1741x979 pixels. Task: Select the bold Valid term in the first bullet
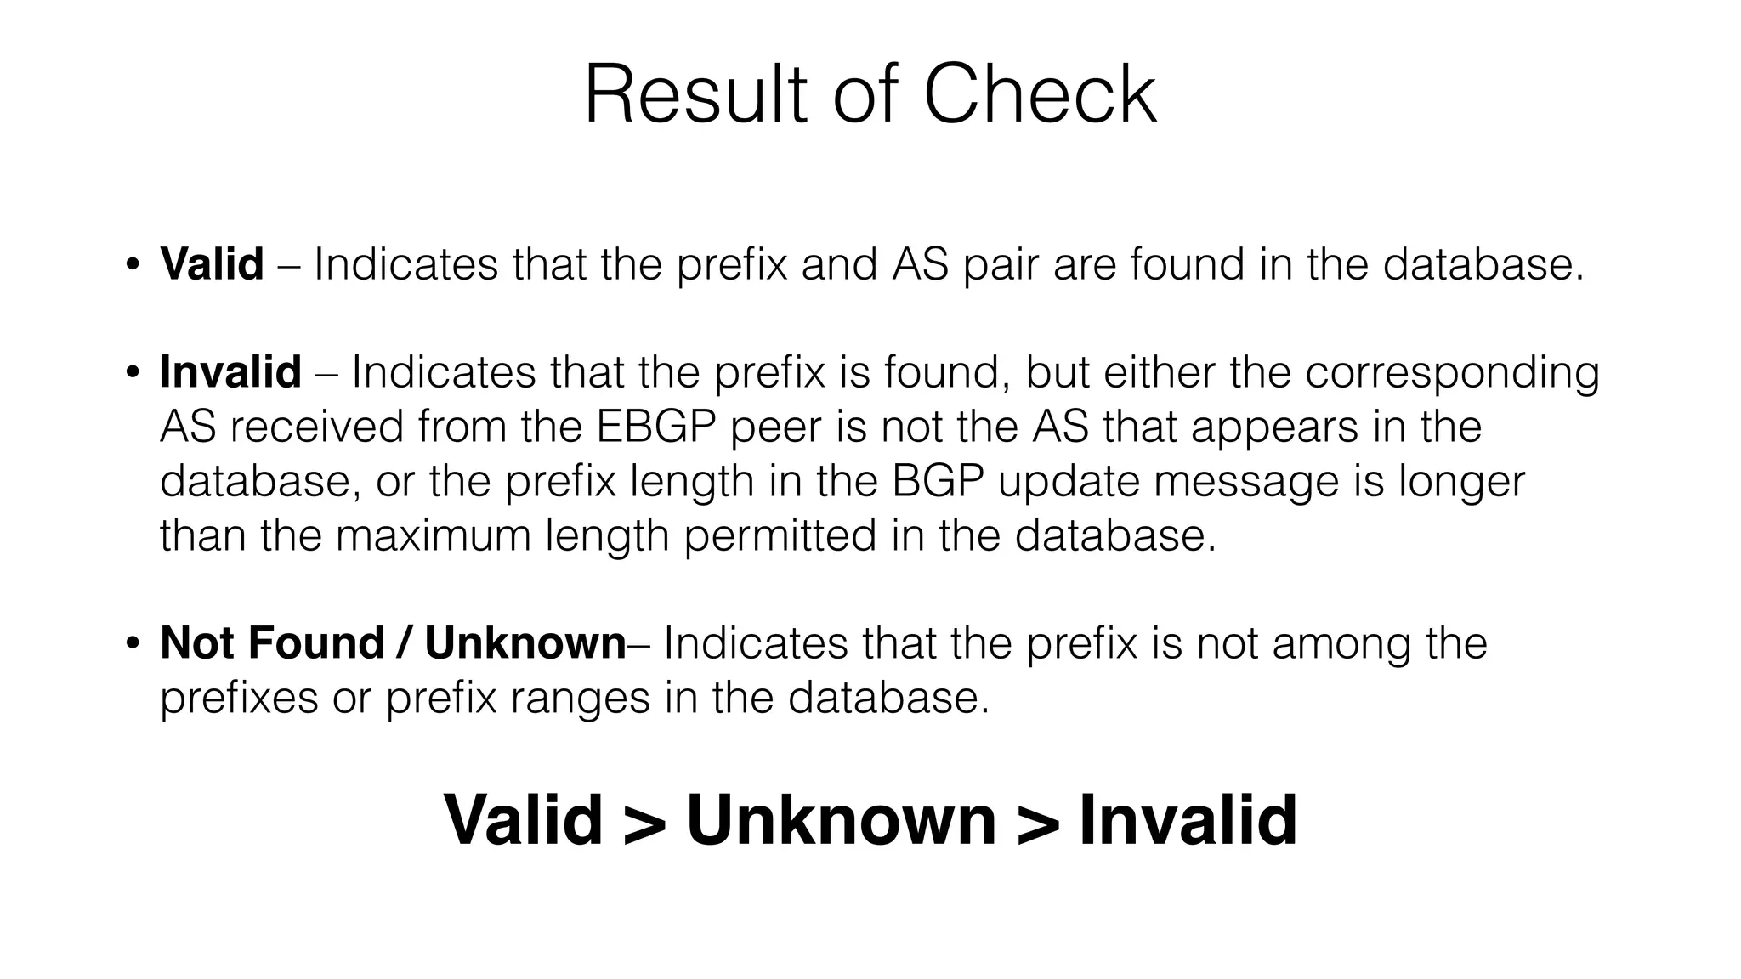point(212,263)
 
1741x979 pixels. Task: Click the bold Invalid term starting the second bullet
point(230,372)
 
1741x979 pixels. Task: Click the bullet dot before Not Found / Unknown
point(132,643)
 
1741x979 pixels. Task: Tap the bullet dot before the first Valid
point(132,264)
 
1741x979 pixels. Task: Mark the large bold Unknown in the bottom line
point(841,820)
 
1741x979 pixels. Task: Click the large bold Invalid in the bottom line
point(1188,820)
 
